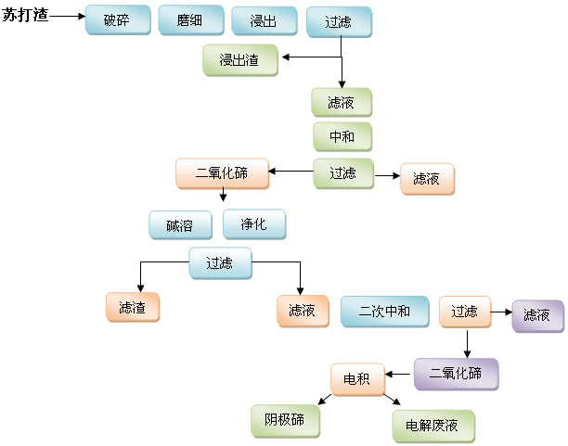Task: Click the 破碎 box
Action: pos(117,20)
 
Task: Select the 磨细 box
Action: pos(190,20)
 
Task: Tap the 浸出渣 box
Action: pos(239,60)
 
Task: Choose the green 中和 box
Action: pos(342,137)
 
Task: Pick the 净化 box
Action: pos(254,225)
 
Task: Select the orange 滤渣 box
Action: pos(133,307)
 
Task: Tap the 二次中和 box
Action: pos(384,312)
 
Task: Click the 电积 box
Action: pos(357,378)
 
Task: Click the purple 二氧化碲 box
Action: pos(456,374)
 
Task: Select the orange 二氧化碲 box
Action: pos(222,173)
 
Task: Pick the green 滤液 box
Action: pos(342,102)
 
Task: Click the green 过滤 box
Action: pos(342,172)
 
